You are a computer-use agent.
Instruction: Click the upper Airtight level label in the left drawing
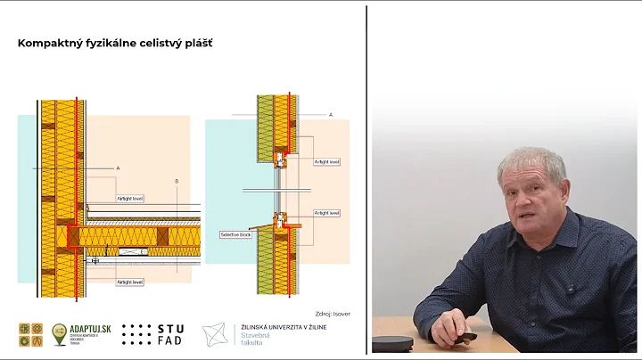(x=130, y=198)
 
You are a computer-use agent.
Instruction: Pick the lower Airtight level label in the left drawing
(x=130, y=282)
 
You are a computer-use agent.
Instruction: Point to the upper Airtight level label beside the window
(x=326, y=162)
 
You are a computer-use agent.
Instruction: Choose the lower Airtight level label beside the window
(x=326, y=213)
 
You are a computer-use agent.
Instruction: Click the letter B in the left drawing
(x=177, y=181)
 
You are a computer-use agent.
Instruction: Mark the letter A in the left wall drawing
(x=118, y=168)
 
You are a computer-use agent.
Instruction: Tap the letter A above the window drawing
(x=331, y=115)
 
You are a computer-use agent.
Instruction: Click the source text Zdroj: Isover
(x=332, y=314)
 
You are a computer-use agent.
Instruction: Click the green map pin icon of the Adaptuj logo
(x=60, y=334)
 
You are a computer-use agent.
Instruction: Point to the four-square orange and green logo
(x=30, y=334)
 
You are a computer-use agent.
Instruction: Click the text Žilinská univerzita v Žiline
(x=293, y=328)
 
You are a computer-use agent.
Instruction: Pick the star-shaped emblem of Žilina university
(x=217, y=334)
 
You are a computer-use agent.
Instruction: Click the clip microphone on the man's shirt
(x=570, y=288)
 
